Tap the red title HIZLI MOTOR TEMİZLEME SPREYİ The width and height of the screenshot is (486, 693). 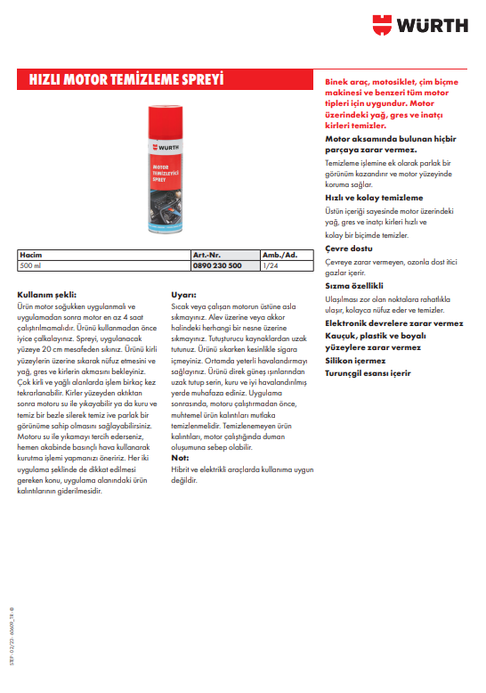[x=125, y=79]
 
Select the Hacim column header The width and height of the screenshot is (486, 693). [x=31, y=256]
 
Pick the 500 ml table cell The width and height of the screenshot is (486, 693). [x=31, y=265]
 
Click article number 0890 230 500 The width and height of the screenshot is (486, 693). [x=217, y=265]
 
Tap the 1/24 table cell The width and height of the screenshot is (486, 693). [x=270, y=265]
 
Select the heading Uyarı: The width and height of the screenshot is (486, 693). [x=183, y=293]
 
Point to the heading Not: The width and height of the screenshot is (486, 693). [x=179, y=457]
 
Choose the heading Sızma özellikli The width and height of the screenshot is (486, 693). [x=353, y=286]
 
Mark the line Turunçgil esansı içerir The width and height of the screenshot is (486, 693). [x=368, y=374]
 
